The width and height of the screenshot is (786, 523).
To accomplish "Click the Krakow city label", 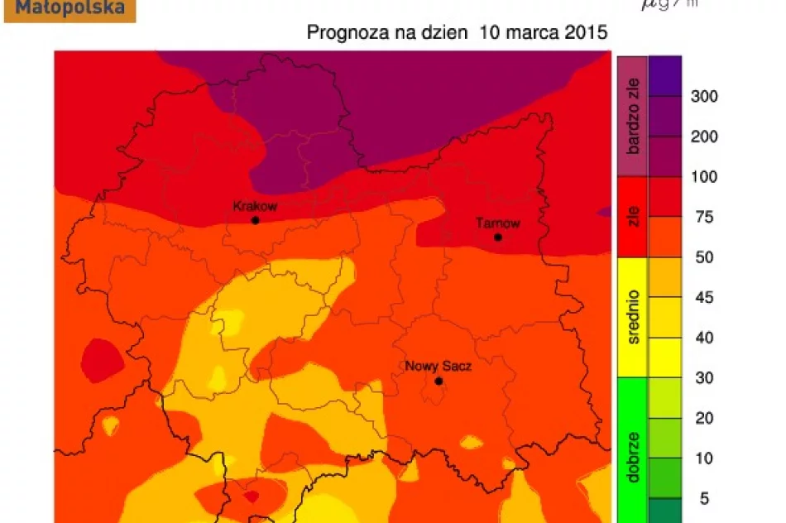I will point(255,206).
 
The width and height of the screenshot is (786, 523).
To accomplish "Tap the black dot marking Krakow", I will point(255,220).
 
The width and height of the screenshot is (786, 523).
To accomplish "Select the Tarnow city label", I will point(498,223).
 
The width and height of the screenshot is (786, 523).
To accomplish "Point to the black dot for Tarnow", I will point(498,238).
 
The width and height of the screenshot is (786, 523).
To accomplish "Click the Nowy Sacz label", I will point(438,366).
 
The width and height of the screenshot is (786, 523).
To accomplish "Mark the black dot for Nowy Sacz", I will point(439,381).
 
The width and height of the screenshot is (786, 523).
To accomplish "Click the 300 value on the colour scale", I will point(704,96).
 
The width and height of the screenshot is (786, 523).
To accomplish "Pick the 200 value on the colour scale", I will point(704,137).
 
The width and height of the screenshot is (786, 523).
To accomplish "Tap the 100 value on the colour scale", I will point(704,177).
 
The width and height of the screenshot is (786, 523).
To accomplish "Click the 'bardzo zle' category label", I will point(634,117).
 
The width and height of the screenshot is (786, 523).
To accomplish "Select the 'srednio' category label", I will point(634,317).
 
